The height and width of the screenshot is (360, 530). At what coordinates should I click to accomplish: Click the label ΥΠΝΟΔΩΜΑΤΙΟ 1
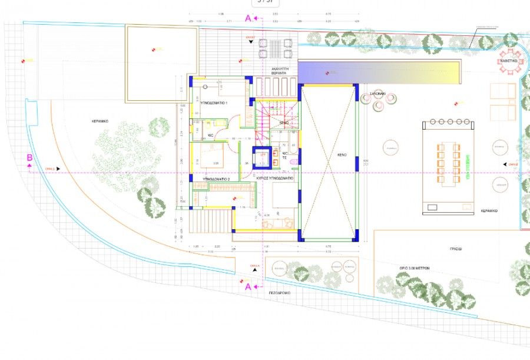pos(214,103)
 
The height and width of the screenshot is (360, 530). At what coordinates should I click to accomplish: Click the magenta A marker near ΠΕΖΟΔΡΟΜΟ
pos(248,287)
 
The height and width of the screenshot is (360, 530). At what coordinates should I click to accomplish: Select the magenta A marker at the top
pos(248,18)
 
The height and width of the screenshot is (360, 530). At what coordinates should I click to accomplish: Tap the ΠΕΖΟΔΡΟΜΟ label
pos(280,292)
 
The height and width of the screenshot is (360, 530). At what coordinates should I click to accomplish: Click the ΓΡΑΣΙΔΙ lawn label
pos(456,249)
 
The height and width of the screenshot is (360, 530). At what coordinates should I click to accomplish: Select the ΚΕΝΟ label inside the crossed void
pos(342,155)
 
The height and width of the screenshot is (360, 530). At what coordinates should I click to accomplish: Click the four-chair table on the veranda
pos(276,48)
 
